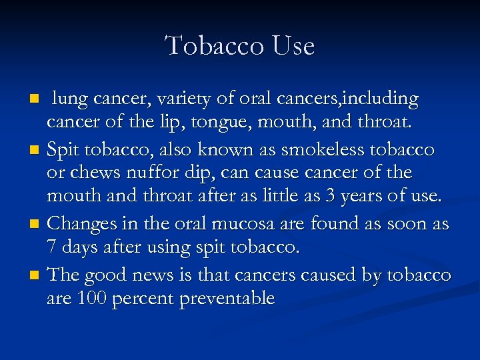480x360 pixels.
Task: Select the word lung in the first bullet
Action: [x=70, y=100]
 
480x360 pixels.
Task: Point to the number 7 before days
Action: [x=52, y=247]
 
